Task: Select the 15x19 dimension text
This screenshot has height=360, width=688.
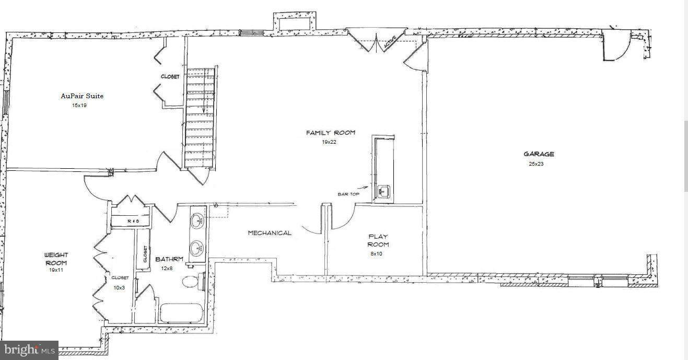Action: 80,106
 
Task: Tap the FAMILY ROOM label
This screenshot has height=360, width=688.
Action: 330,133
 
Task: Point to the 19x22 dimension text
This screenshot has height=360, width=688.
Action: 330,142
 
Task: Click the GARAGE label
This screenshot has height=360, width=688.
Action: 539,154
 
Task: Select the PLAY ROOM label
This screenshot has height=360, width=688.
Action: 378,240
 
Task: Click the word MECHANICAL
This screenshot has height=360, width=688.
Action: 270,233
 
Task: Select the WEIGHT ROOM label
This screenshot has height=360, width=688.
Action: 56,259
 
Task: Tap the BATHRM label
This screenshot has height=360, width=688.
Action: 169,259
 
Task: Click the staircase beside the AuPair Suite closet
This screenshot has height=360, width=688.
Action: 200,118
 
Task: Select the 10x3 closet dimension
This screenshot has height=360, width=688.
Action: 119,288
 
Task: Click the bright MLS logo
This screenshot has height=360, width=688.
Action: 29,350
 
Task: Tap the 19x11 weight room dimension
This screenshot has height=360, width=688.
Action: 56,271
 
